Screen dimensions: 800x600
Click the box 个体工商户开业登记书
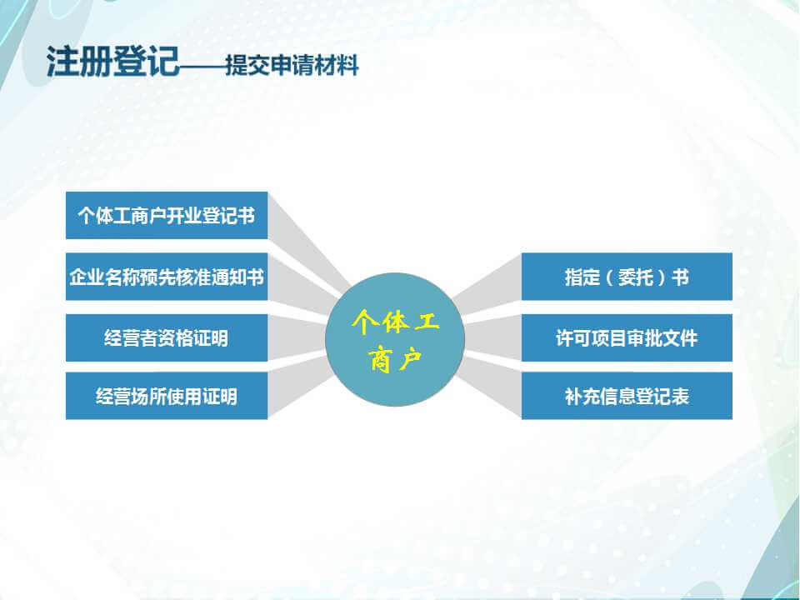(x=167, y=215)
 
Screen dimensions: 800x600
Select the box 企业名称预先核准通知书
(x=167, y=277)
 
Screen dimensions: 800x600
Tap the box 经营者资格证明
(x=167, y=337)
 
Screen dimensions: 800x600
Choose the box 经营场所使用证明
(x=167, y=396)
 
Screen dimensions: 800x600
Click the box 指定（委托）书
(x=627, y=277)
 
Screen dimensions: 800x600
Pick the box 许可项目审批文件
(x=627, y=337)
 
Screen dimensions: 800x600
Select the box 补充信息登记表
(x=627, y=396)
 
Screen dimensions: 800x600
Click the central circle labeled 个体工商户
(x=395, y=339)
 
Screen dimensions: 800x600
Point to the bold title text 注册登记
(x=112, y=61)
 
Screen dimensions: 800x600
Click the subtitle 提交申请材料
(x=292, y=65)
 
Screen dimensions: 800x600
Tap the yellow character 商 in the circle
(x=381, y=359)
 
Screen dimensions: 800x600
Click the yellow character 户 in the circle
(x=410, y=359)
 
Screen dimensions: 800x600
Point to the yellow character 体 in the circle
(x=395, y=322)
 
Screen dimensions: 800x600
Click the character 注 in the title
(x=62, y=61)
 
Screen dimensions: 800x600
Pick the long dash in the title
(x=202, y=65)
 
